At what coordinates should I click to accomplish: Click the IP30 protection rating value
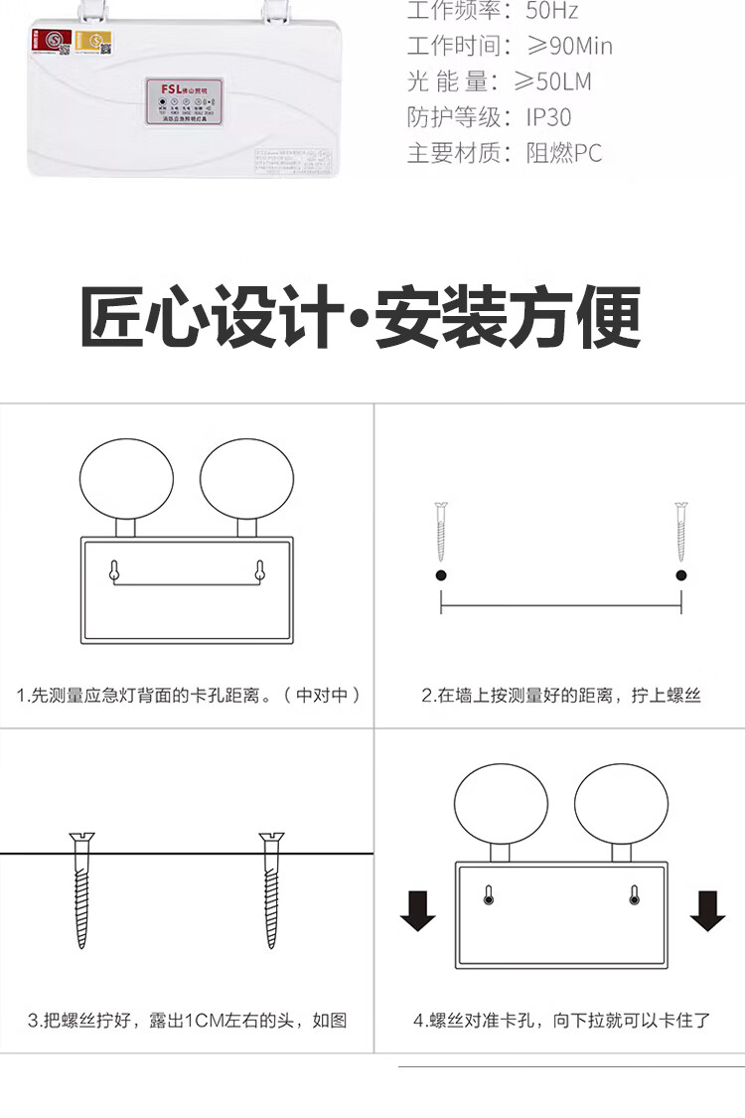pyautogui.click(x=548, y=117)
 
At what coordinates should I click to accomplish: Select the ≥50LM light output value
pyautogui.click(x=558, y=81)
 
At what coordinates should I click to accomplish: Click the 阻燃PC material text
pyautogui.click(x=564, y=153)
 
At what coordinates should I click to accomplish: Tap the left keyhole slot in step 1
pyautogui.click(x=114, y=570)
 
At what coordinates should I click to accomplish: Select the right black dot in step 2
pyautogui.click(x=681, y=575)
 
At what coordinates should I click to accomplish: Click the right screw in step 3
pyautogui.click(x=271, y=889)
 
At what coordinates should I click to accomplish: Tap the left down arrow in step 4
pyautogui.click(x=417, y=909)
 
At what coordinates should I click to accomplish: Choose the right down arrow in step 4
pyautogui.click(x=707, y=909)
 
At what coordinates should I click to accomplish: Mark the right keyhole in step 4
pyautogui.click(x=634, y=895)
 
